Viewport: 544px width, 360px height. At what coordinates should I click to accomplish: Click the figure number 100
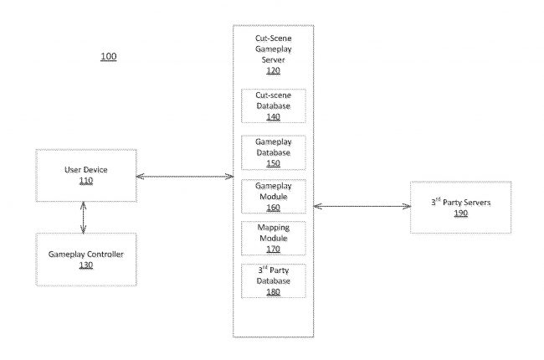tap(109, 57)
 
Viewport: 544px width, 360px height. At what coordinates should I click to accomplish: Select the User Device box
tap(85, 175)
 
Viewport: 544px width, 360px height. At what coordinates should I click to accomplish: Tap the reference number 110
tap(85, 181)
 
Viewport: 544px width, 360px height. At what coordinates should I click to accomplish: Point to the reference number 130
tap(85, 265)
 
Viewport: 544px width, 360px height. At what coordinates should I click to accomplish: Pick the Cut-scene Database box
tap(273, 106)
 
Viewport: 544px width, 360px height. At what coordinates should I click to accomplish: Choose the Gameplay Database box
tap(273, 152)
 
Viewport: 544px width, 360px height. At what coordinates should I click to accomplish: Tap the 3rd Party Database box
tap(273, 280)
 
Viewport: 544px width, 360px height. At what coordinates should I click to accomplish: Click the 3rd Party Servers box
tap(461, 207)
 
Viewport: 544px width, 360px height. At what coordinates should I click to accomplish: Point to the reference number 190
tap(461, 213)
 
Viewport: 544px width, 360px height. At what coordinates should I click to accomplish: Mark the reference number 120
tap(273, 71)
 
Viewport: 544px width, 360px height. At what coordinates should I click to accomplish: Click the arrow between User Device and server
tap(184, 177)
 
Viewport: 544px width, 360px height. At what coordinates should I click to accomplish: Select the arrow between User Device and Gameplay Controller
tap(84, 217)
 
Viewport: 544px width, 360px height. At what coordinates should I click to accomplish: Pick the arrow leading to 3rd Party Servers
tap(361, 206)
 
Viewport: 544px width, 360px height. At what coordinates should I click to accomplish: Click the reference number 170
tap(273, 249)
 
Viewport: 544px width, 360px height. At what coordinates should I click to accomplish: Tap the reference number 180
tap(273, 291)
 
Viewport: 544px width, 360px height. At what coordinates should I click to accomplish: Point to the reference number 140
tap(273, 116)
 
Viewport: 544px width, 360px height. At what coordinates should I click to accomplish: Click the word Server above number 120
tap(273, 60)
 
